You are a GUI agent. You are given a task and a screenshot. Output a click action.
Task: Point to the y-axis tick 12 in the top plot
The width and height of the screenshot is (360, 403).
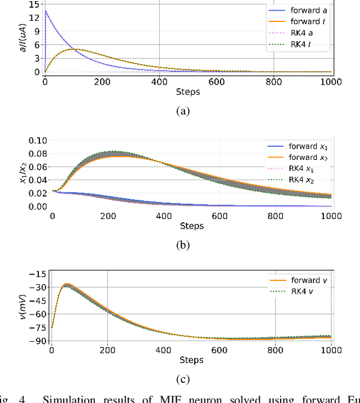(x=34, y=16)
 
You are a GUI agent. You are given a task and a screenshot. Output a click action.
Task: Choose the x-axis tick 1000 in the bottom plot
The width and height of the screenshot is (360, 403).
(x=331, y=350)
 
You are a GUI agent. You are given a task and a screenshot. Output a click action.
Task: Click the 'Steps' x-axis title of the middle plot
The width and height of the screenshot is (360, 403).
(x=191, y=226)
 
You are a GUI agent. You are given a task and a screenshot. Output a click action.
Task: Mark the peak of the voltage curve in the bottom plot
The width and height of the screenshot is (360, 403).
(x=67, y=285)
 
